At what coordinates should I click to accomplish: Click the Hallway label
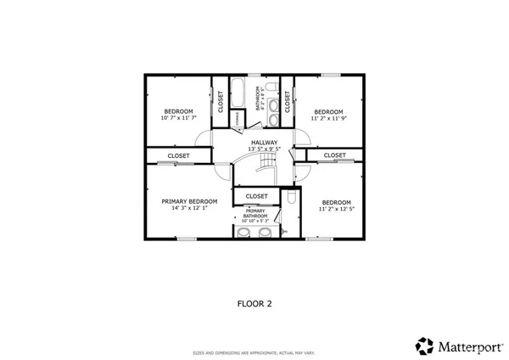tap(263, 142)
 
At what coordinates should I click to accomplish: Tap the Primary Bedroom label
tap(189, 201)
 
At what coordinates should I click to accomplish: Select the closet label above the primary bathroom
tap(257, 196)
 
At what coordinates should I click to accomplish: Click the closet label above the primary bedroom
tap(178, 156)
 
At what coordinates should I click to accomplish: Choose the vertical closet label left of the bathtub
tap(221, 102)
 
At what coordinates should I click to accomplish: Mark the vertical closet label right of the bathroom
tap(288, 102)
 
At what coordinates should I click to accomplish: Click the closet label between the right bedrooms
tap(334, 155)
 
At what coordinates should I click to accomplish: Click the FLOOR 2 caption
tap(254, 301)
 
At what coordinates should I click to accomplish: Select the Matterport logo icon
tap(424, 346)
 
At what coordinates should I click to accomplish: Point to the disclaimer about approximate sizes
tap(254, 352)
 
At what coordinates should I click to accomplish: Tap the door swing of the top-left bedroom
tap(203, 138)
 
